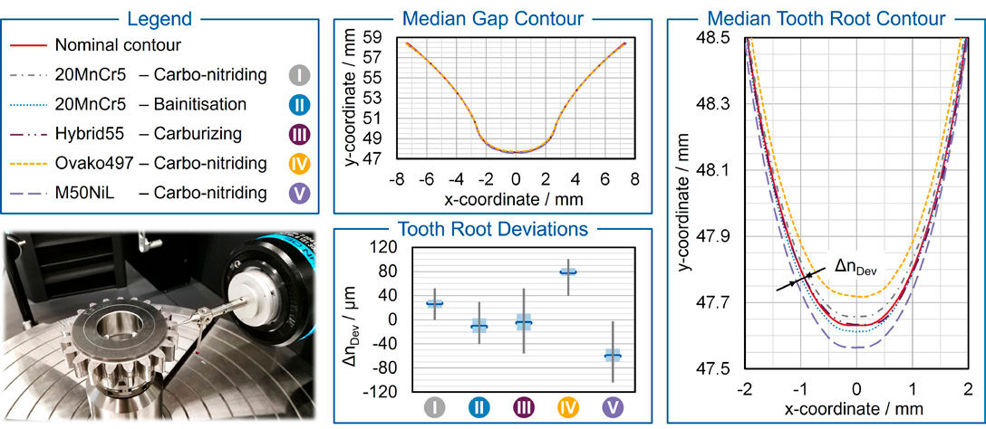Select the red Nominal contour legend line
pos(26,44)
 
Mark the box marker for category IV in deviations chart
pos(568,272)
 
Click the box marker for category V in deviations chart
pos(613,356)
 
